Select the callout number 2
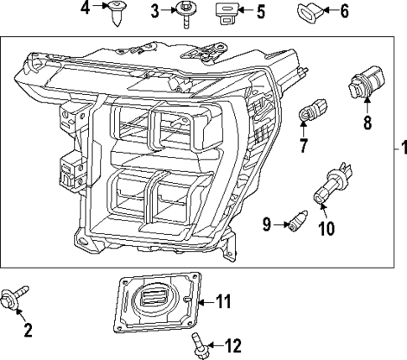coord(28,331)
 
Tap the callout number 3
coord(155,11)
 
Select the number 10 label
coord(326,227)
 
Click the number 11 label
coord(222,300)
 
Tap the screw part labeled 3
coord(183,13)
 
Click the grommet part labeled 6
coord(307,12)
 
